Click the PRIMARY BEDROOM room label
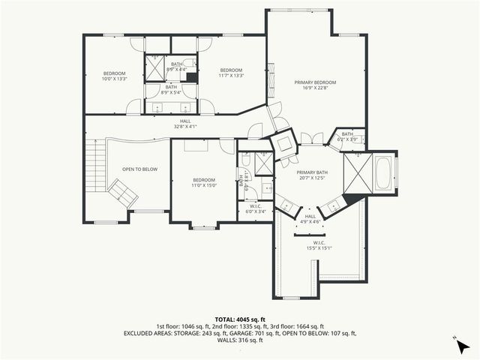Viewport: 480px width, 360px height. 314,85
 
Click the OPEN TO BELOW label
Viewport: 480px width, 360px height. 140,169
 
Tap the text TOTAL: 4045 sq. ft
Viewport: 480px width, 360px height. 239,319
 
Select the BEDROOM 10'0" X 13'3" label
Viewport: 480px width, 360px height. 115,75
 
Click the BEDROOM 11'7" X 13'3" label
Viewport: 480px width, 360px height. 231,72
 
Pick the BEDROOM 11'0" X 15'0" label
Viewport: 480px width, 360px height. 204,182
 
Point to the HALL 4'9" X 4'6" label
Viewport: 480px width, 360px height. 310,220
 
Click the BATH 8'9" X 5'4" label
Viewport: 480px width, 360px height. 171,89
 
